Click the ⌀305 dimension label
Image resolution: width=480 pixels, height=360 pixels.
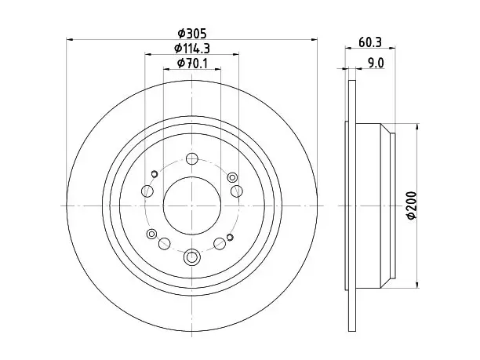click(x=192, y=34)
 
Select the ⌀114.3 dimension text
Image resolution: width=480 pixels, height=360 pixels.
click(x=192, y=48)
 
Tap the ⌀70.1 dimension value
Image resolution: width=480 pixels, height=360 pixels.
click(x=192, y=64)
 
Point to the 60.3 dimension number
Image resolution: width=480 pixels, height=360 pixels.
click(x=370, y=42)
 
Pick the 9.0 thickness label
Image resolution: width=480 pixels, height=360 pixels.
click(x=376, y=64)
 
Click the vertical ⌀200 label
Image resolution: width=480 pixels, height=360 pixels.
click(x=412, y=205)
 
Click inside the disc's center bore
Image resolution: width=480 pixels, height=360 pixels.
click(x=192, y=205)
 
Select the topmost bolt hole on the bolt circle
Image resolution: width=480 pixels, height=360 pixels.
click(x=192, y=158)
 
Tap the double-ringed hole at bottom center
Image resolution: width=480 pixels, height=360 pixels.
click(x=192, y=256)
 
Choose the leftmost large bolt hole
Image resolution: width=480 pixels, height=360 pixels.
click(x=147, y=191)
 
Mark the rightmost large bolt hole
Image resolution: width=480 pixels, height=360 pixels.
click(x=237, y=191)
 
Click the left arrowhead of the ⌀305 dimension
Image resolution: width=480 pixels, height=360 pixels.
click(x=70, y=39)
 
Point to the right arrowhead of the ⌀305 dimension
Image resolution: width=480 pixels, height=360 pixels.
click(x=314, y=39)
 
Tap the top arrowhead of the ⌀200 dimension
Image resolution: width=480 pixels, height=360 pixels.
click(x=417, y=127)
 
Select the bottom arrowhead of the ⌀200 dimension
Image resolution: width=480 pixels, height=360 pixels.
click(x=417, y=285)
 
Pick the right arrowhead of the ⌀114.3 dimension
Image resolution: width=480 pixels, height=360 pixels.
click(x=235, y=54)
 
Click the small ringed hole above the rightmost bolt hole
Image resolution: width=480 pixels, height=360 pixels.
click(x=232, y=177)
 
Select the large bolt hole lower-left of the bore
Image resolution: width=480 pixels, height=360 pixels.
click(x=165, y=244)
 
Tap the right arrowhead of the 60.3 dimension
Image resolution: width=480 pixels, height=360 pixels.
click(x=392, y=48)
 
